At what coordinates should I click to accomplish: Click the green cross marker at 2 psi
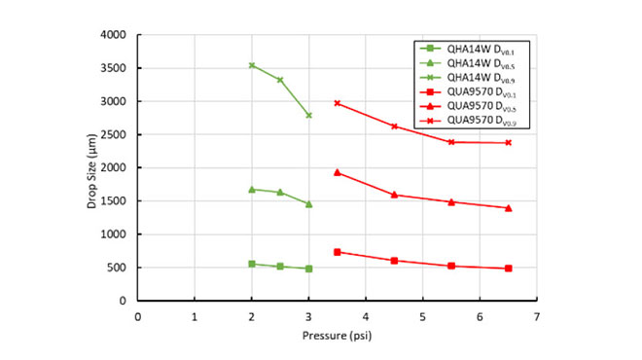click(252, 65)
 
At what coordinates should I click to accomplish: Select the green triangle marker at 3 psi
click(308, 204)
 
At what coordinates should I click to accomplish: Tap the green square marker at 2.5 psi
click(280, 266)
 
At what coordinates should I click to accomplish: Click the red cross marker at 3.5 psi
click(338, 103)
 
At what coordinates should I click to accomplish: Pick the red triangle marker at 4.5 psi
click(394, 195)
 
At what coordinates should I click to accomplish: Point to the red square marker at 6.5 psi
click(508, 269)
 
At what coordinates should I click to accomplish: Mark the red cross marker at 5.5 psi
click(451, 142)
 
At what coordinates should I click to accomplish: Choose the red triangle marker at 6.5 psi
click(508, 208)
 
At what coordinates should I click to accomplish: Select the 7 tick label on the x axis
click(536, 315)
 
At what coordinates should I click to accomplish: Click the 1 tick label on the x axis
click(195, 315)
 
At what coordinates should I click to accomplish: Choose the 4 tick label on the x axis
click(366, 315)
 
